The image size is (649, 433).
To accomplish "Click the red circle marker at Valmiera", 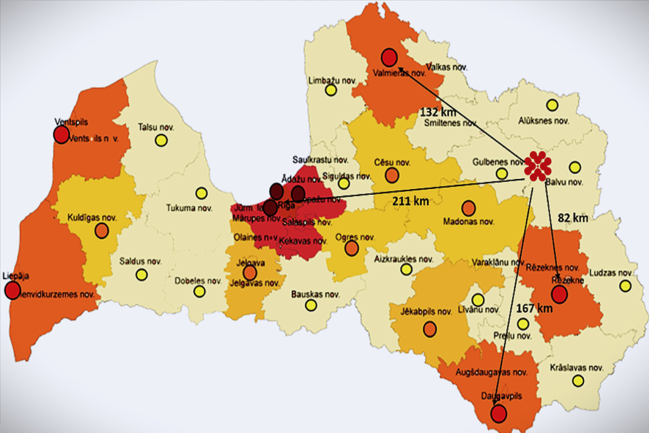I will pyautogui.click(x=389, y=58).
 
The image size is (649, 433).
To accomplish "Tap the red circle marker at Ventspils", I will pyautogui.click(x=61, y=134).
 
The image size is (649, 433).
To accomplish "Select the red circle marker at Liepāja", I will pyautogui.click(x=13, y=290).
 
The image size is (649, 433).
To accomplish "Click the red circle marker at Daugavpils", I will pyautogui.click(x=498, y=414).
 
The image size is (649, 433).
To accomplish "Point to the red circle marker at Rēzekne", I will pyautogui.click(x=559, y=295).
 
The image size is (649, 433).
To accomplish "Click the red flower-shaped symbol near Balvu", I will pyautogui.click(x=538, y=166).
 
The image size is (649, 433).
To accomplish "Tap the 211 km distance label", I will pyautogui.click(x=410, y=201).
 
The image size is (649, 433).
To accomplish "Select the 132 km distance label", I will pyautogui.click(x=438, y=112).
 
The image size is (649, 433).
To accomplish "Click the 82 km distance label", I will pyautogui.click(x=573, y=218).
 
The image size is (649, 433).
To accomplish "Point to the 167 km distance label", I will pyautogui.click(x=534, y=309).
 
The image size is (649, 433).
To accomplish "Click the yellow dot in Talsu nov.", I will pyautogui.click(x=161, y=140).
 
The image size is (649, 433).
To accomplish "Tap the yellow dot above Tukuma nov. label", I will pyautogui.click(x=201, y=193).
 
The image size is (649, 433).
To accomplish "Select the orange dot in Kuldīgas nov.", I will pyautogui.click(x=102, y=230).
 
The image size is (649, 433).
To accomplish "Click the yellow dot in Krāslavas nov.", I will pyautogui.click(x=578, y=381).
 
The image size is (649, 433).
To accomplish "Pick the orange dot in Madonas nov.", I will pyautogui.click(x=469, y=208).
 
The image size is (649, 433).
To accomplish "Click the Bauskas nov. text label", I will pyautogui.click(x=315, y=295).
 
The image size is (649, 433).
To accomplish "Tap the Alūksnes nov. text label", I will pyautogui.click(x=543, y=121).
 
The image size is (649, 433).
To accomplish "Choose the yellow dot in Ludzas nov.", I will pyautogui.click(x=625, y=286).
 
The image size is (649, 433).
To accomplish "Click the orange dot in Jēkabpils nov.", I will pyautogui.click(x=430, y=329).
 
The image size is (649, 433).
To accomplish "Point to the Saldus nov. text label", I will pyautogui.click(x=140, y=261).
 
